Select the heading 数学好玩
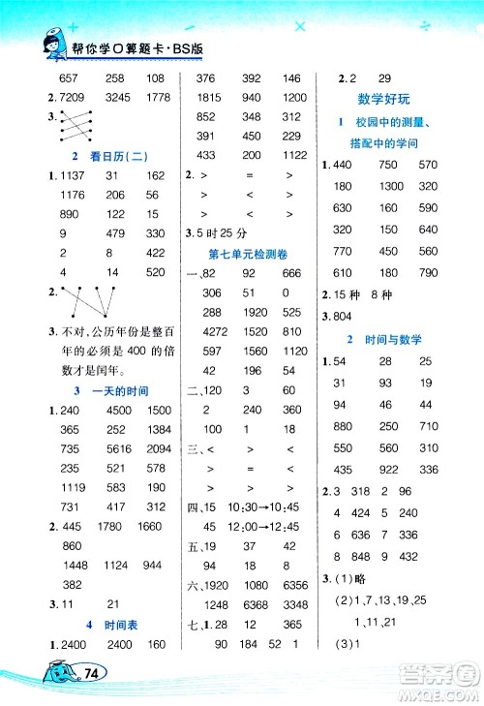(386, 100)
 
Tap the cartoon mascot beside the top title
(45, 44)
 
